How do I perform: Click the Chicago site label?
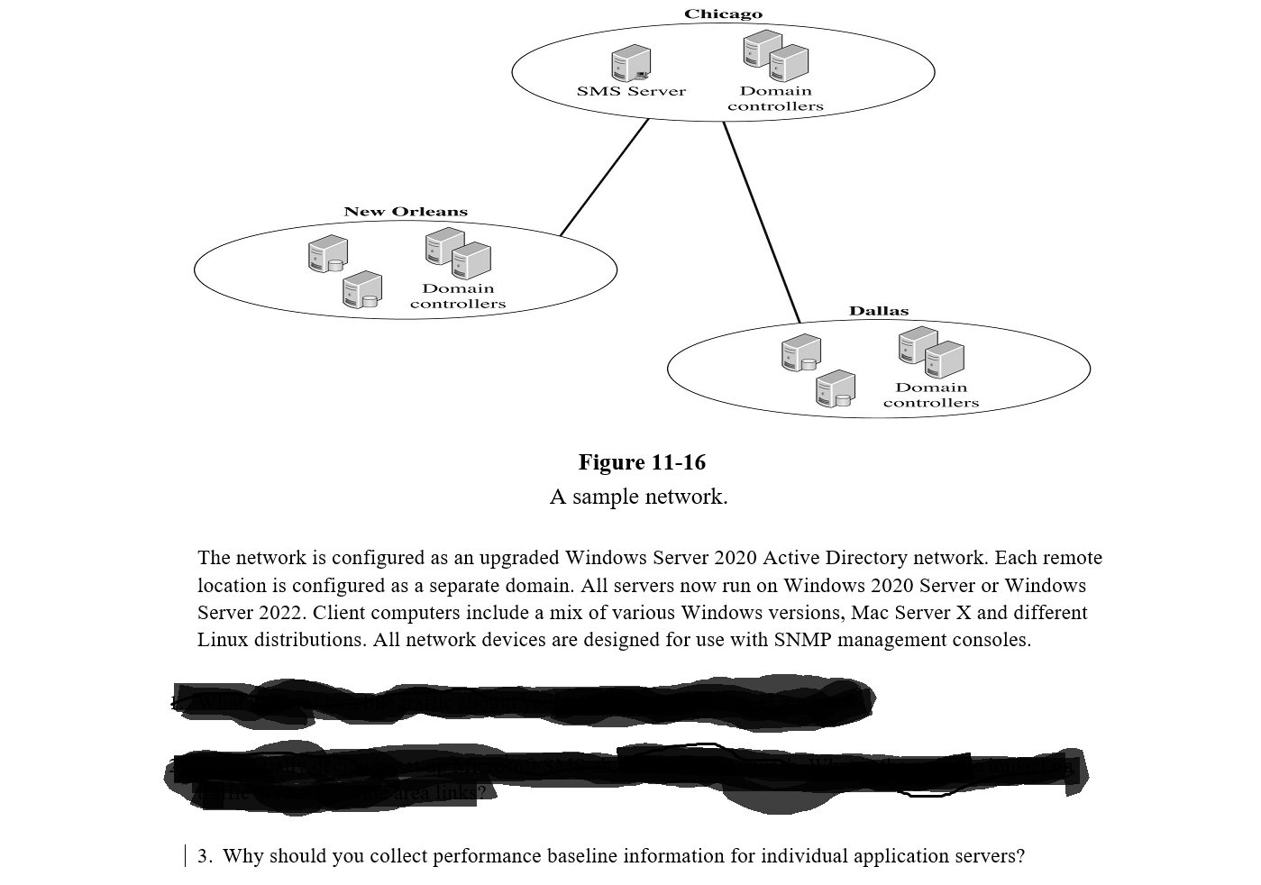click(723, 14)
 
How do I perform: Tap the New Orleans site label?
click(406, 212)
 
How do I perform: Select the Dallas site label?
click(879, 311)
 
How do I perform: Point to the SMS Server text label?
click(631, 91)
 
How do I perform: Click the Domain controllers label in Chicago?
click(775, 98)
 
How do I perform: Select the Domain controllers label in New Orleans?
click(458, 297)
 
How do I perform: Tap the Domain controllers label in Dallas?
click(931, 395)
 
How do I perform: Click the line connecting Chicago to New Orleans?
click(604, 178)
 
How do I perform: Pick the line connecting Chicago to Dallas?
click(762, 222)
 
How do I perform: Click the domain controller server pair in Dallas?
click(931, 352)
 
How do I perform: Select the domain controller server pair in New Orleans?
click(458, 253)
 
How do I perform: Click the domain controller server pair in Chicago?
click(775, 56)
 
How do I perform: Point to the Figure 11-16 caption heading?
click(642, 462)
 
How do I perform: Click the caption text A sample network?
click(638, 497)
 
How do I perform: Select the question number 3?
click(205, 856)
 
